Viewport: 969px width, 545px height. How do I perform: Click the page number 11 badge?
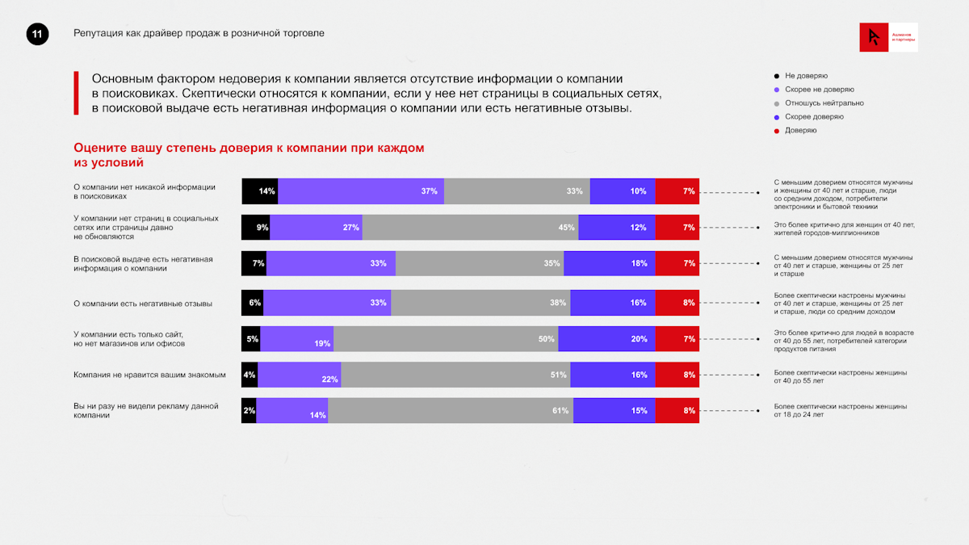coord(37,34)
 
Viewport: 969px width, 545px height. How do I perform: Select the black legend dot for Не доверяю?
coord(777,76)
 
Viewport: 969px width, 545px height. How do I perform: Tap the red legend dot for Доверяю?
coord(777,130)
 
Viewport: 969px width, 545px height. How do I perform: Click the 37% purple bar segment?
coord(361,191)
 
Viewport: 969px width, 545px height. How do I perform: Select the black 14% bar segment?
coord(260,191)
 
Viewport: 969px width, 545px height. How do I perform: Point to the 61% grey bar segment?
coord(451,410)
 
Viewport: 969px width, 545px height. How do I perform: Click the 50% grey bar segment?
coord(446,339)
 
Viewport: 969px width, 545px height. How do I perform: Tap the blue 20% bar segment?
coord(606,339)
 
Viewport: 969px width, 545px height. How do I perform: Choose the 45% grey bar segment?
coord(470,228)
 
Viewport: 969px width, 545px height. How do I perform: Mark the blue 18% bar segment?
coord(610,264)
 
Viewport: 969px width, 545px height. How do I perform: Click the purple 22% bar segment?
coord(300,375)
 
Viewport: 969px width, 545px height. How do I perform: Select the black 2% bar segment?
coord(249,410)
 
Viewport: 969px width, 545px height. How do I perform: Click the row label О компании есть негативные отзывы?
coord(143,304)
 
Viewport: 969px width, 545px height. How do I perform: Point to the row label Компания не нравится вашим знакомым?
coord(149,375)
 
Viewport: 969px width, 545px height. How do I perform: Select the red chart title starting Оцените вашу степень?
coord(249,155)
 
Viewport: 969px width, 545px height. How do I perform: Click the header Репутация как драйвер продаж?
coord(199,33)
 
